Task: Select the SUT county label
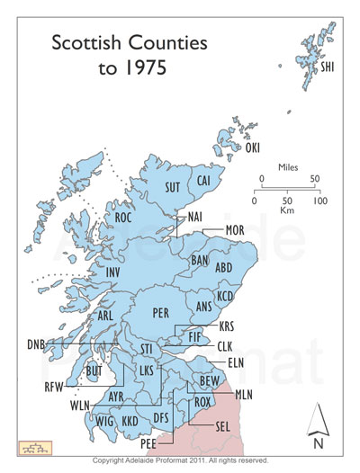pos(174,187)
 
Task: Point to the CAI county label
pos(204,181)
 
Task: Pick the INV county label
pos(112,272)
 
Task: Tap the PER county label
pos(161,314)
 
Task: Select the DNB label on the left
pos(36,344)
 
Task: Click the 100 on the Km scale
pos(319,200)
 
